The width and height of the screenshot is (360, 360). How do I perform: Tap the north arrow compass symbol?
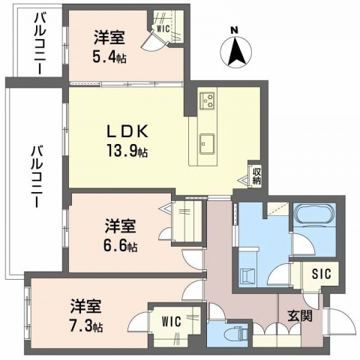coord(235,52)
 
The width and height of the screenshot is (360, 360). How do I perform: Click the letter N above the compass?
coord(235,30)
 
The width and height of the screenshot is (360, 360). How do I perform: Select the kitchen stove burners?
coord(207,100)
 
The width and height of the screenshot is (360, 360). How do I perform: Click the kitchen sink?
coord(207,142)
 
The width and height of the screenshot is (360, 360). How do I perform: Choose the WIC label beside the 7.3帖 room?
coord(171,320)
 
